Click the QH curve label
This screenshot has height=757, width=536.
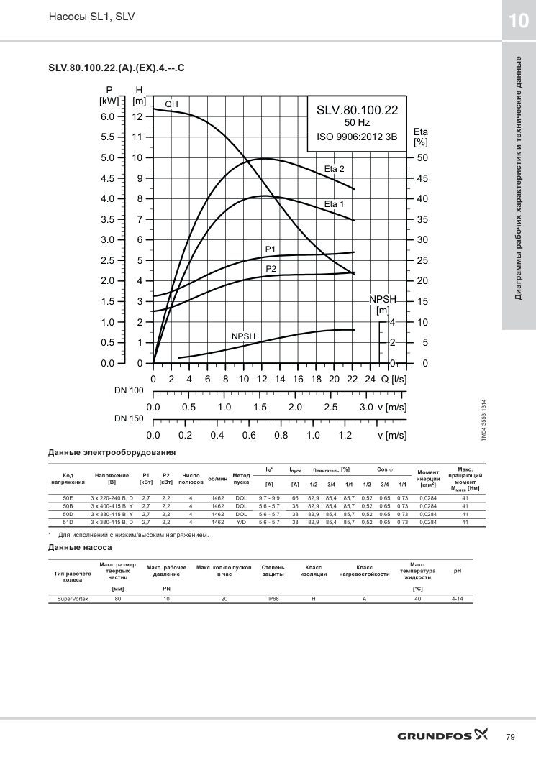point(171,104)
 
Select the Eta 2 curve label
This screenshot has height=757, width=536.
point(334,169)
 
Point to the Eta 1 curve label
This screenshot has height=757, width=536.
point(334,204)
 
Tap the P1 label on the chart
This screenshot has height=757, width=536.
point(271,249)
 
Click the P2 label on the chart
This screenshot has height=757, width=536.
point(271,268)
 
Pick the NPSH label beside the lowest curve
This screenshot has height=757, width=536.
point(243,336)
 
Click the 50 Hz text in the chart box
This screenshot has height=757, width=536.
point(357,123)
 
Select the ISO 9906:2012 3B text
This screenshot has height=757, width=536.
point(357,137)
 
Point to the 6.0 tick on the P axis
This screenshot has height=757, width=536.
point(108,117)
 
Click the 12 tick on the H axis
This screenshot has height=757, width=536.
point(137,117)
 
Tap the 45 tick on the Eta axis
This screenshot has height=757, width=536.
point(422,178)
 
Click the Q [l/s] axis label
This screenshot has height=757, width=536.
point(394,379)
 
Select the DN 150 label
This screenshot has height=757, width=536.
point(129,418)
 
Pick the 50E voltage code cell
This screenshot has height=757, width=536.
point(68,497)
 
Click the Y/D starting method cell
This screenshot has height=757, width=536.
point(241,523)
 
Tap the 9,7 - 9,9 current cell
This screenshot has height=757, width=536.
point(269,497)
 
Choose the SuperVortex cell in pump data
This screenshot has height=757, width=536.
point(73,599)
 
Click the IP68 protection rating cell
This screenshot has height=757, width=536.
point(273,599)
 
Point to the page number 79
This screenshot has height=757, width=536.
point(510,737)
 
